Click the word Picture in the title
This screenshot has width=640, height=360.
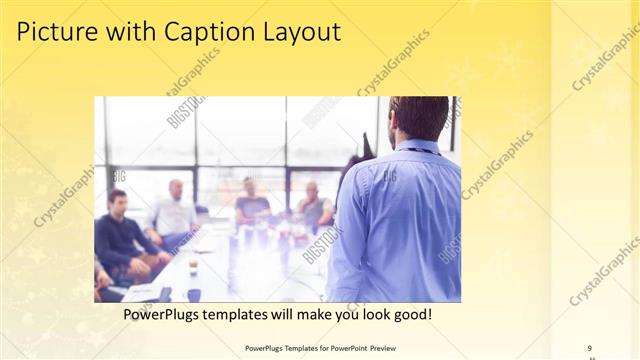56,33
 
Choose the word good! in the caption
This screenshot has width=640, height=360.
411,315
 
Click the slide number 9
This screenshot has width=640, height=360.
590,348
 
